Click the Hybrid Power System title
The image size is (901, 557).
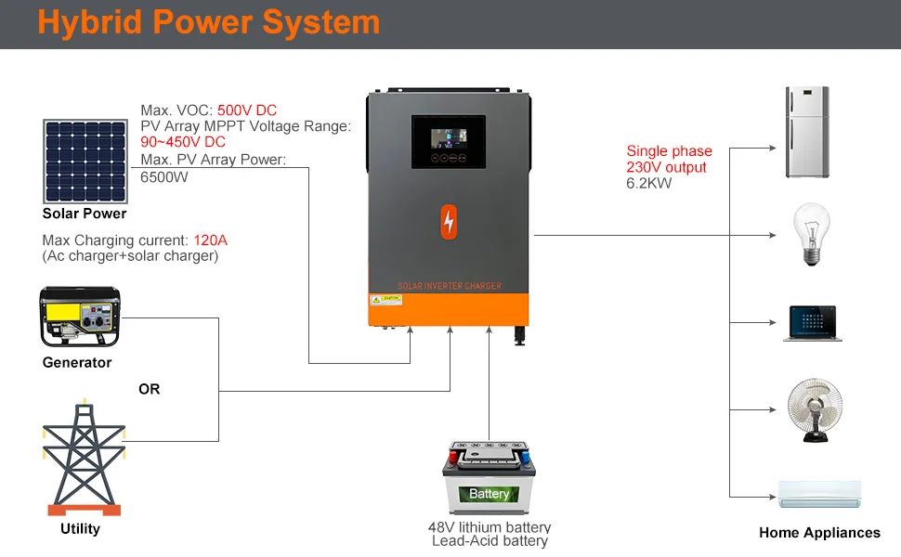point(208,23)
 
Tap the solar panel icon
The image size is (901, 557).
point(85,161)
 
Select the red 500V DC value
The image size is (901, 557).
point(247,110)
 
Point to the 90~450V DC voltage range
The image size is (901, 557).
point(183,142)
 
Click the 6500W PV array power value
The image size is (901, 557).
point(164,176)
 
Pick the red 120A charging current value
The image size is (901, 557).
point(210,240)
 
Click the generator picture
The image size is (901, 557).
point(80,317)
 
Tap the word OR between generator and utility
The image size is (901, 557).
point(149,389)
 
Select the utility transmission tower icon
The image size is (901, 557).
point(84,458)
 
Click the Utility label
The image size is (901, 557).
point(80,528)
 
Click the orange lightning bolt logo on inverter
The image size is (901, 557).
point(450,222)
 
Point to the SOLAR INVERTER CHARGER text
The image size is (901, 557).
point(450,286)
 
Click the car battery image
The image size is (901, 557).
point(490,477)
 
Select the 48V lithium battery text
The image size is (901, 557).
point(490,527)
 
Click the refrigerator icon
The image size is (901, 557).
point(806,132)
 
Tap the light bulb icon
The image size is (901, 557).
point(809,236)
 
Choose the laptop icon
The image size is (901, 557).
point(811,323)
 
